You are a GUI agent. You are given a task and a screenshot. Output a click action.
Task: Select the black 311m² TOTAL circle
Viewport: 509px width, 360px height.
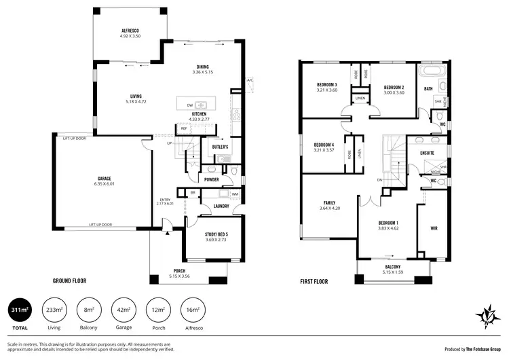click(22, 312)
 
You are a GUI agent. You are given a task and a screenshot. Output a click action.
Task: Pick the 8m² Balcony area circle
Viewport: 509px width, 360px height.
click(88, 312)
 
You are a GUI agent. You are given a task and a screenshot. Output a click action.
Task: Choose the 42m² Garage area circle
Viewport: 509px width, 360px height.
click(123, 312)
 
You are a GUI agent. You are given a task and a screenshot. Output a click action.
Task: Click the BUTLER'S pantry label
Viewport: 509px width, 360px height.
click(220, 147)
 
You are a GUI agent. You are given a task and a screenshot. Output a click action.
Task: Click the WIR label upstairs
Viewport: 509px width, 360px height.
click(434, 229)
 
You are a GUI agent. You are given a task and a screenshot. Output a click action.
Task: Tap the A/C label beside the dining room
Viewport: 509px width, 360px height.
click(250, 79)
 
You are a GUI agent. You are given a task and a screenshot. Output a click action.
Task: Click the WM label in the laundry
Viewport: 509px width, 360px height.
click(234, 194)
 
